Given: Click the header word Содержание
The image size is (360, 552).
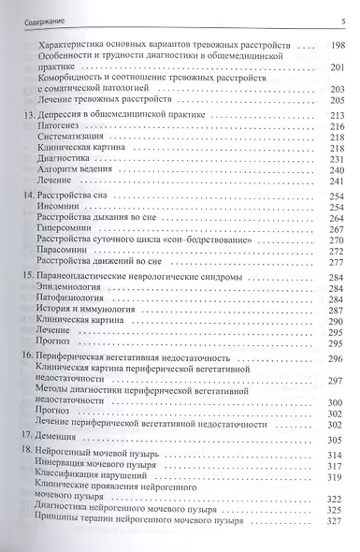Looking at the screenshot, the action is tap(36, 8).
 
